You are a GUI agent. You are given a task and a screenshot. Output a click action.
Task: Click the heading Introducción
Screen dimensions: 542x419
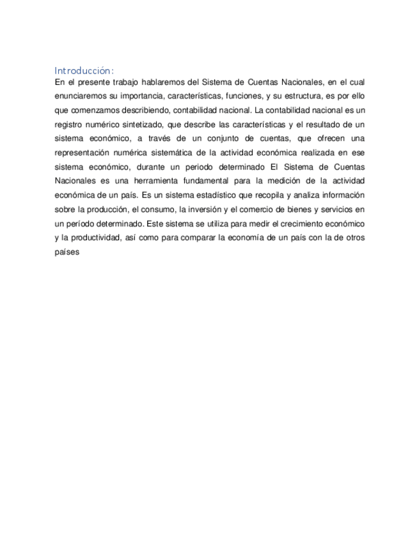click(84, 70)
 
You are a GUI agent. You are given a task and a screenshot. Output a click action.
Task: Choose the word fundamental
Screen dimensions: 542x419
click(213, 181)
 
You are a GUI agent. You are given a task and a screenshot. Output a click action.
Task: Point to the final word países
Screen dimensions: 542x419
click(67, 251)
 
